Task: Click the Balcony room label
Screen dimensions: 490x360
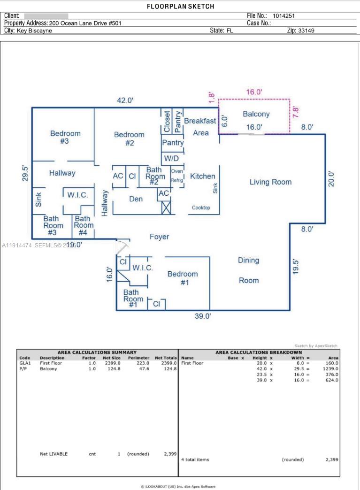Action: point(256,114)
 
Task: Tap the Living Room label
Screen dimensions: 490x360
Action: point(270,182)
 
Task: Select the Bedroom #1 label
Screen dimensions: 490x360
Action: point(183,278)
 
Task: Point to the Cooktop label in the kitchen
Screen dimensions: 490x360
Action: point(201,207)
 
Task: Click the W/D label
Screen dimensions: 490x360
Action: point(171,159)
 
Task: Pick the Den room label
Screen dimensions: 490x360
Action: point(136,199)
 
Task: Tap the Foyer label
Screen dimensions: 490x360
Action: point(159,237)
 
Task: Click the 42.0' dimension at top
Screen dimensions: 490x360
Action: point(125,100)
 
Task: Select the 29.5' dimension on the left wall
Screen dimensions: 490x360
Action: point(25,173)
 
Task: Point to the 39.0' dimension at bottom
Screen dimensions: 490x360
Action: point(203,316)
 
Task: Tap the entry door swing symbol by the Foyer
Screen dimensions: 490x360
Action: point(122,246)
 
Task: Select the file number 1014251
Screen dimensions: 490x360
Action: point(284,15)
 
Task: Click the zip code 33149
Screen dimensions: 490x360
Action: point(306,31)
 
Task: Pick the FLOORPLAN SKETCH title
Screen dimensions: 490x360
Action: point(180,6)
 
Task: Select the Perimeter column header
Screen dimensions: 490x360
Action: point(138,358)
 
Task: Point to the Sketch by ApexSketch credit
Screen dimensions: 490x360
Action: point(315,345)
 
